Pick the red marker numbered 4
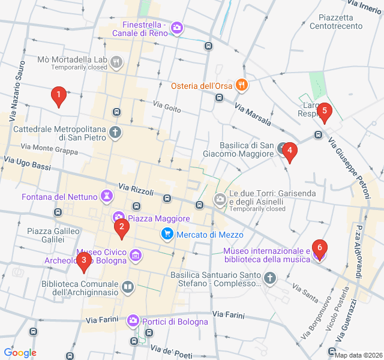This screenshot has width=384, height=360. [290, 153]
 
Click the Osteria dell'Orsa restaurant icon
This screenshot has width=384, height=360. [241, 85]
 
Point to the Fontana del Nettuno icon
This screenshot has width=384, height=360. [107, 196]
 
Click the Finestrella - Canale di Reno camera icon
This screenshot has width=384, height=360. [177, 28]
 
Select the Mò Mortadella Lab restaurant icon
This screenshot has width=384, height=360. [116, 62]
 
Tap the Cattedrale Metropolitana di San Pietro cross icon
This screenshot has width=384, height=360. [115, 133]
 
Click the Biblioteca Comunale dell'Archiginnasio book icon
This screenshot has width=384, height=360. [127, 288]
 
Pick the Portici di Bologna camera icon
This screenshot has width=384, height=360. [133, 322]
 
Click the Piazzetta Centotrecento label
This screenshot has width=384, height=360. [336, 22]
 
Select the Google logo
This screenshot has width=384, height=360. [20, 353]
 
